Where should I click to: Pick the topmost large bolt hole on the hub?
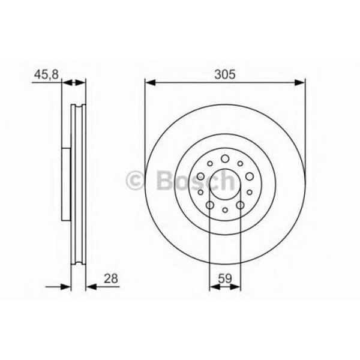[225, 158]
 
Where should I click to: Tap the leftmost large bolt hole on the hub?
[201, 177]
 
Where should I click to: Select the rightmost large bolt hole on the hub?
[249, 177]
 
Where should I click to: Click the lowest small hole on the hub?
[225, 210]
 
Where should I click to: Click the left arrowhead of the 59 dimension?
[213, 286]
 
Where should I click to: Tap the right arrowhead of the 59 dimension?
[236, 286]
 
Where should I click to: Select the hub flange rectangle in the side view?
[67, 182]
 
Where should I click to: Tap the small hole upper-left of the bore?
[210, 163]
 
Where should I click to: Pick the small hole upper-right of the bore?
[239, 163]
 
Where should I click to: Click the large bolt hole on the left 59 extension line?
[210, 205]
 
